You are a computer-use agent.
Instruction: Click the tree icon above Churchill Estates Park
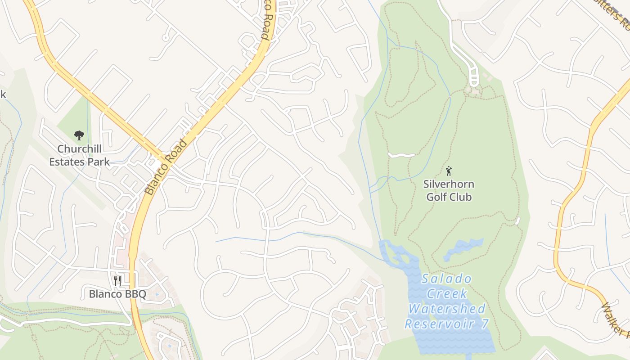coord(79,135)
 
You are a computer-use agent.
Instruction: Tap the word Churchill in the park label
coord(79,149)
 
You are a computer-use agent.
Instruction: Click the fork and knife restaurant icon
coord(117,280)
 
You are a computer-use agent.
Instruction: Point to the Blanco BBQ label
coord(117,294)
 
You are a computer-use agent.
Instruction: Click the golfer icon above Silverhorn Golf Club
coord(449,171)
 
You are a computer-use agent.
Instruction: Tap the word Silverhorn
coord(449,184)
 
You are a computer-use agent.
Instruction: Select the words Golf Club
coord(449,197)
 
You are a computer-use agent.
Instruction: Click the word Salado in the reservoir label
coord(446,279)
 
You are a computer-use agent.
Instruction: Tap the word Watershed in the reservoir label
coord(447,309)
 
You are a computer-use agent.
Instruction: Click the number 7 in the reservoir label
coord(484,324)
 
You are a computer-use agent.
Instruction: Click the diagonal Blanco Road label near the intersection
coord(166,167)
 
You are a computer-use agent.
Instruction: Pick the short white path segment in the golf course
coord(401,155)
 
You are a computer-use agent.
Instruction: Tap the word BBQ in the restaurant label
coord(136,294)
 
